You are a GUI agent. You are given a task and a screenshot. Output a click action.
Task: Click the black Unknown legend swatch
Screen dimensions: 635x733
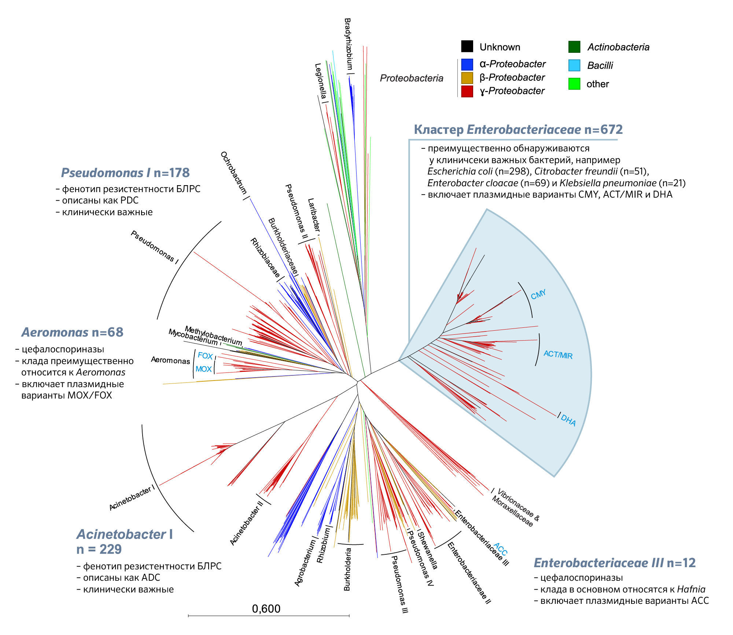pyautogui.click(x=467, y=47)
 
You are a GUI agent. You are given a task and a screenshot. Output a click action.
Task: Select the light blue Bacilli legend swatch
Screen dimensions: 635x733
pyautogui.click(x=574, y=65)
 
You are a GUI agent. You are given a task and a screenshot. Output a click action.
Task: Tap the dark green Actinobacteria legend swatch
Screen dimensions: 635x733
pyautogui.click(x=574, y=47)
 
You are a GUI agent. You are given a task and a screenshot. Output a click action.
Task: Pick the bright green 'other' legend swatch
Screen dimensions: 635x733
pyautogui.click(x=574, y=84)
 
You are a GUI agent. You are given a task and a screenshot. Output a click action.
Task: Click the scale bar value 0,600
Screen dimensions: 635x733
pyautogui.click(x=266, y=609)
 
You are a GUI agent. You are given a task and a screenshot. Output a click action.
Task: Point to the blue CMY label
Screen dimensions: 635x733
pyautogui.click(x=538, y=294)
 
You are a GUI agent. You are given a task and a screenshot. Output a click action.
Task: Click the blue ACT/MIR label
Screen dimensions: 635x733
pyautogui.click(x=558, y=354)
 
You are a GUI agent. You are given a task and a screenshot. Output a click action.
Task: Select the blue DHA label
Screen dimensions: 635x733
pyautogui.click(x=568, y=421)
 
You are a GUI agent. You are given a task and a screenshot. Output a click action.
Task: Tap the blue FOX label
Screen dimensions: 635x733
pyautogui.click(x=205, y=356)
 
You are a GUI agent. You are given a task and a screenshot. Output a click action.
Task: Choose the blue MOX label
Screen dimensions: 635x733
pyautogui.click(x=203, y=369)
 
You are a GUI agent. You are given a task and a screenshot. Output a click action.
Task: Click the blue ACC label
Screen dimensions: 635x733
pyautogui.click(x=500, y=549)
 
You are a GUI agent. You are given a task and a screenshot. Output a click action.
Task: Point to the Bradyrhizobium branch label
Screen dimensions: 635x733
pyautogui.click(x=348, y=44)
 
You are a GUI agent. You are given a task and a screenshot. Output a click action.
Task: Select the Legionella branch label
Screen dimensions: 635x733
pyautogui.click(x=320, y=81)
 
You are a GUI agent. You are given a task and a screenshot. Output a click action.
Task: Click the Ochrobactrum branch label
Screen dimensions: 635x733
pyautogui.click(x=233, y=172)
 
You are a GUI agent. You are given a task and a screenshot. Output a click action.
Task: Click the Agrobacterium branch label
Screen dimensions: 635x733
pyautogui.click(x=305, y=563)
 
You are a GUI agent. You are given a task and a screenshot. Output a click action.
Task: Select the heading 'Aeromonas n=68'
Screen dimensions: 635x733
pyautogui.click(x=73, y=332)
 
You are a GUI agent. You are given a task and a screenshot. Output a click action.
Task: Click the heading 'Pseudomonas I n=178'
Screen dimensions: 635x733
pyautogui.click(x=125, y=173)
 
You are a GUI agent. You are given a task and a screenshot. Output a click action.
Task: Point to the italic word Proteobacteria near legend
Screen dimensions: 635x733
pyautogui.click(x=412, y=78)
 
